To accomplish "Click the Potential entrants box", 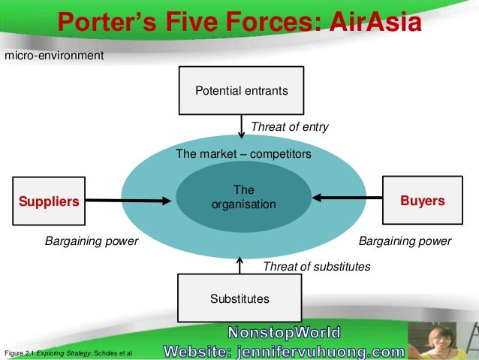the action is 241,91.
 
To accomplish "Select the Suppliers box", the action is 49,201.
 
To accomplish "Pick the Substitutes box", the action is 239,299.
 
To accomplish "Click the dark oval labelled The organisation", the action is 244,198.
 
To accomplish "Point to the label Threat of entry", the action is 289,127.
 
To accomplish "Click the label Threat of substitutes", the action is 316,266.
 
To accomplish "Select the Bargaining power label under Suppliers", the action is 92,241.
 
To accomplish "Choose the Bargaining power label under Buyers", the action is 405,241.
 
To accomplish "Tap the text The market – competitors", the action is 243,153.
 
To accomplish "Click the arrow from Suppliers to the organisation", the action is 128,200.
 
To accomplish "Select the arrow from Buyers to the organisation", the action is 347,198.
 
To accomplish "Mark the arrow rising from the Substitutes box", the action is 239,265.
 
